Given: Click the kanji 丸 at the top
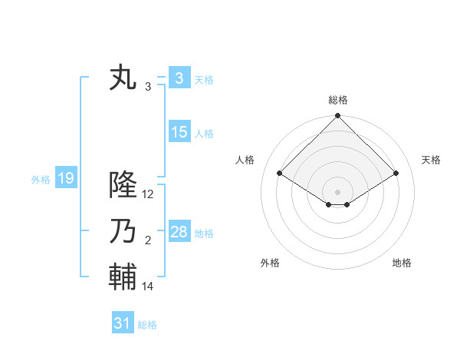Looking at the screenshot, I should coord(124,79).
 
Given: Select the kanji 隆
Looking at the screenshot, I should coord(124,185).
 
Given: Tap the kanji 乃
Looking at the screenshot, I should coord(124,231).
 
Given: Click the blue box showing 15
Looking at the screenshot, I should coord(179,132).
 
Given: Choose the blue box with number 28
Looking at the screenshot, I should coord(179,232).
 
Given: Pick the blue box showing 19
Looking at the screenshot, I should coord(65,179).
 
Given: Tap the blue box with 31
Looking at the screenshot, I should coord(122,323).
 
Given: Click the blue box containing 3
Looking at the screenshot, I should coord(179,78).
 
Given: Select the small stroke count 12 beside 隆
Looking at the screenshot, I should coord(148,194).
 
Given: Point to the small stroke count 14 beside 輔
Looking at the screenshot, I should coord(148,286).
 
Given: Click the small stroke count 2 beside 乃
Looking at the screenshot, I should coord(148,240).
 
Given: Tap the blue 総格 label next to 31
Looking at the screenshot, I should coord(147,325).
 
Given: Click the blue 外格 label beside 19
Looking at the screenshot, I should coord(41,180).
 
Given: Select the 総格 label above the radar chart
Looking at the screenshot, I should coord(337,100).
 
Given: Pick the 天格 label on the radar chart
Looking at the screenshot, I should coord(431,160).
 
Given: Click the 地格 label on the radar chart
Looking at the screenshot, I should coord(402,263).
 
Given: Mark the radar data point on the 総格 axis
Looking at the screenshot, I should coord(337,116).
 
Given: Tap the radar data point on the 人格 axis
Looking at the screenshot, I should coord(279,173).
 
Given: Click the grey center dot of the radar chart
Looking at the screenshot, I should coord(337,191).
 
